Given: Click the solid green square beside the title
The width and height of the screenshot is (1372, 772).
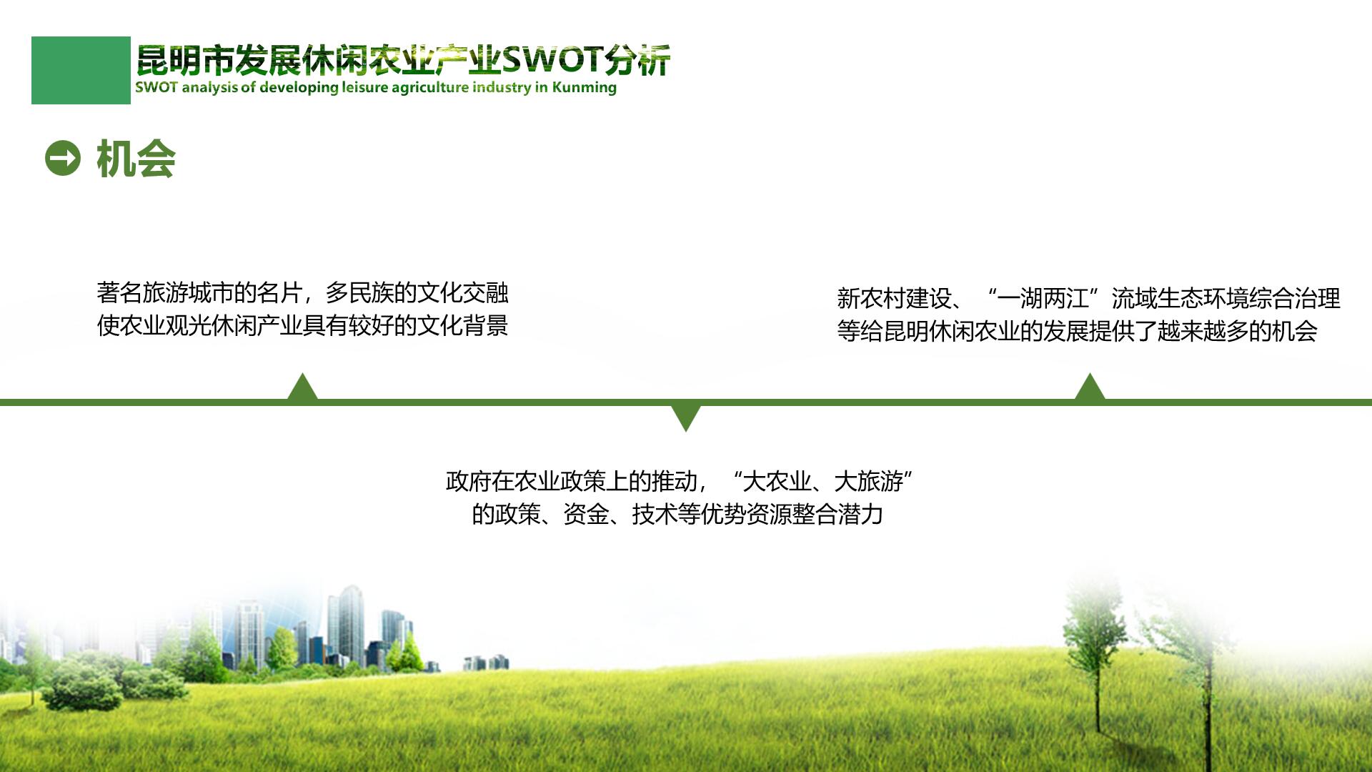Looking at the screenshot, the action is tap(81, 70).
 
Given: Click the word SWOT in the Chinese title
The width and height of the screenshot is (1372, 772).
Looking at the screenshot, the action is tap(552, 60).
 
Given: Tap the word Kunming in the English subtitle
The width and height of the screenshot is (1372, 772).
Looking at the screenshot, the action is tap(584, 88).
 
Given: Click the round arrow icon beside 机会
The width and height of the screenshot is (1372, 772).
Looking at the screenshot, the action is tap(63, 158).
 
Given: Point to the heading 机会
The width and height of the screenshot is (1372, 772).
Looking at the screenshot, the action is tap(136, 159).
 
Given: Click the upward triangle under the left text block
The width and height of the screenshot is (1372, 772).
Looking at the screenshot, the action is tap(302, 387).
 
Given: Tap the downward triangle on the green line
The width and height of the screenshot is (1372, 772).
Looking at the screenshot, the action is tap(686, 418).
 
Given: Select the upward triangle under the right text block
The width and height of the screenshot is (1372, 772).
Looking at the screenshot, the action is tap(1090, 387).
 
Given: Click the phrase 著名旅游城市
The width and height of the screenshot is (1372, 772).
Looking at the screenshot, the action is tap(165, 292).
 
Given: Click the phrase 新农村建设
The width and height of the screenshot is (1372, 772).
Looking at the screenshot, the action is tap(894, 298).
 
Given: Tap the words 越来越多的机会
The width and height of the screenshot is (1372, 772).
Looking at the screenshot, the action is tap(1238, 331).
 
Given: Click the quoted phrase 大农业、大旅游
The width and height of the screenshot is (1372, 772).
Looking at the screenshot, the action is tap(824, 481).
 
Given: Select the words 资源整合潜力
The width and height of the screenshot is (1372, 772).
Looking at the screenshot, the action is tap(815, 514).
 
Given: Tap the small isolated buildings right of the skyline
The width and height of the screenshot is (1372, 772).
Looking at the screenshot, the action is tap(487, 663).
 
